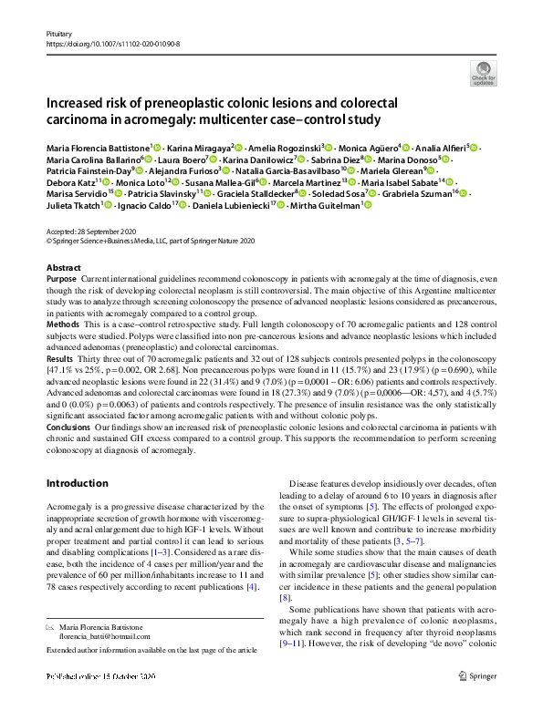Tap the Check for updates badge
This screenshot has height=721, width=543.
coord(482,74)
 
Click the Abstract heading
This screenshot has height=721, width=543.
coord(63,268)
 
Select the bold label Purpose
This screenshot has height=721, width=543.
coord(61,279)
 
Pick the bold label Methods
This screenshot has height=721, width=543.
coord(62,324)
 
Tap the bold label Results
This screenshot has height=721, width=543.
coord(60,360)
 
